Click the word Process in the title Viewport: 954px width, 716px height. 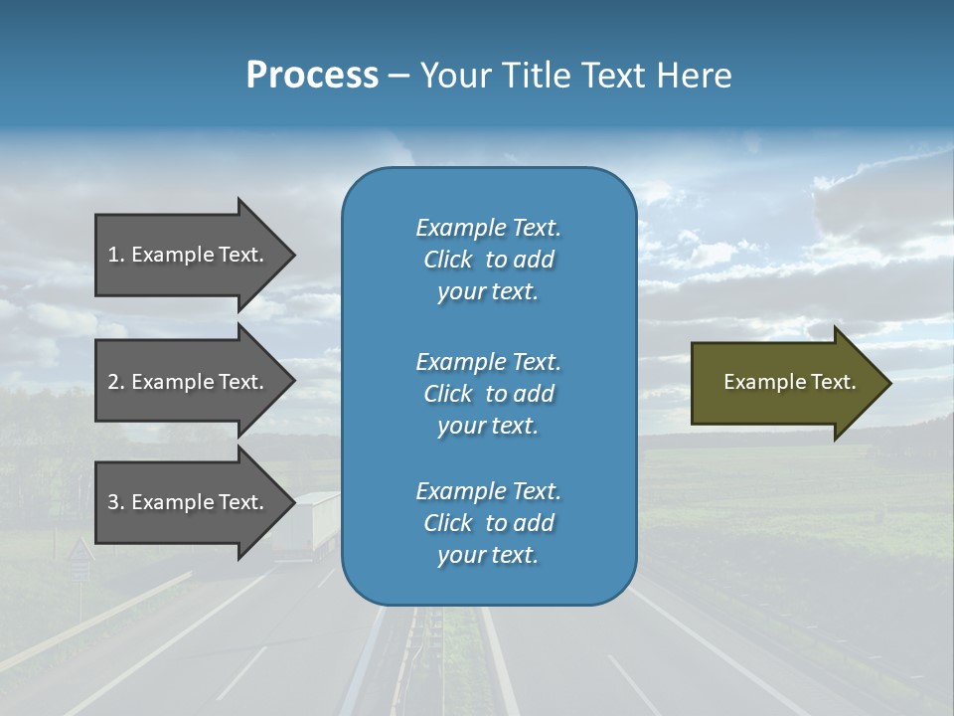pyautogui.click(x=312, y=76)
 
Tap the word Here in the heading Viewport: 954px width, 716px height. pyautogui.click(x=693, y=76)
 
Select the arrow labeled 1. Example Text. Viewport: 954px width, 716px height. pyautogui.click(x=185, y=255)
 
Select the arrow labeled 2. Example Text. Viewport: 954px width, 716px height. pyautogui.click(x=185, y=382)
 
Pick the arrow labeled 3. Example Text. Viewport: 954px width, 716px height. pyautogui.click(x=185, y=502)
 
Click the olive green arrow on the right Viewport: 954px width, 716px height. pyautogui.click(x=775, y=383)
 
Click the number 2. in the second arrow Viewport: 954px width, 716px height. pyautogui.click(x=115, y=382)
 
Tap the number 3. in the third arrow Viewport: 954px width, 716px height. pyautogui.click(x=115, y=502)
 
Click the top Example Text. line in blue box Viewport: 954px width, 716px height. pyautogui.click(x=488, y=228)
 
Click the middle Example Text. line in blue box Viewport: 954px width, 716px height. pyautogui.click(x=488, y=362)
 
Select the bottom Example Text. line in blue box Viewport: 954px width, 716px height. pyautogui.click(x=488, y=491)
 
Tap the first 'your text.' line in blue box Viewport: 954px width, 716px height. pyautogui.click(x=488, y=292)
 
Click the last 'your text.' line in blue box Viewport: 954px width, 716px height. pyautogui.click(x=488, y=556)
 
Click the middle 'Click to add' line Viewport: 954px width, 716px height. pyautogui.click(x=488, y=394)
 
